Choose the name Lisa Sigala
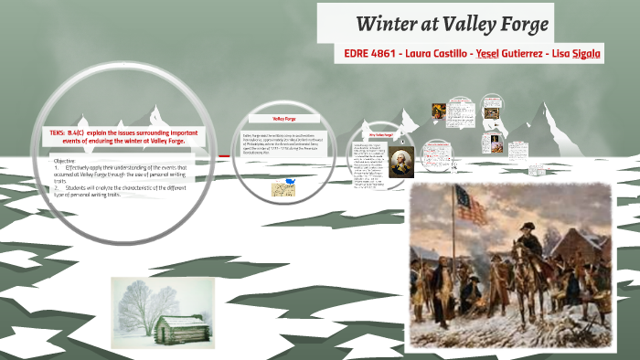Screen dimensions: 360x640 pyautogui.click(x=577, y=54)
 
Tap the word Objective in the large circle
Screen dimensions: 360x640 pyautogui.click(x=64, y=160)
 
